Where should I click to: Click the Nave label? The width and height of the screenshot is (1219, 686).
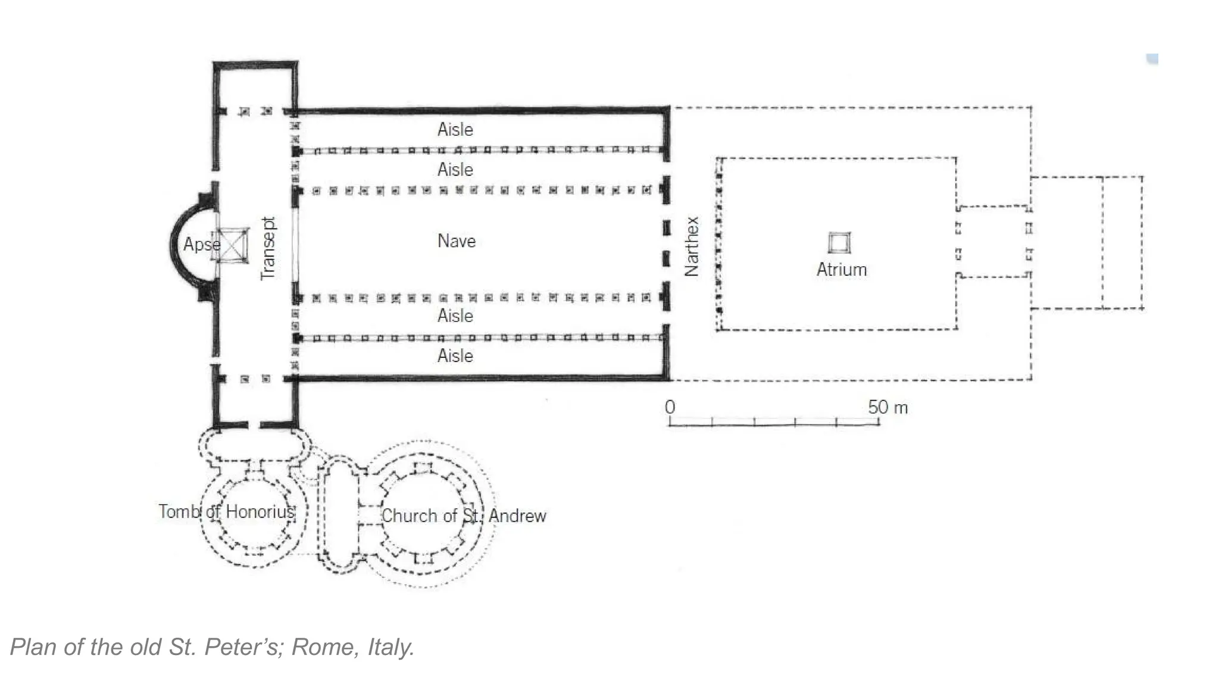(x=456, y=241)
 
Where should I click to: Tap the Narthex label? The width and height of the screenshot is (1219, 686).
(x=691, y=246)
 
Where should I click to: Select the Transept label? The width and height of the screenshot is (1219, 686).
(x=268, y=248)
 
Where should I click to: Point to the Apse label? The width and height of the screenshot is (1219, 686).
(x=201, y=244)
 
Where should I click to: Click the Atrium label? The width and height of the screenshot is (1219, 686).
(x=841, y=270)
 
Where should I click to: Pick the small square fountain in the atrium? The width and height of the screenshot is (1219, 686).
(x=839, y=243)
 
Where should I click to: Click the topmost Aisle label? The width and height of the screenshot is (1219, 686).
(x=455, y=129)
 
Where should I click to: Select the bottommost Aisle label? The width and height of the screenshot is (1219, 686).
(x=455, y=356)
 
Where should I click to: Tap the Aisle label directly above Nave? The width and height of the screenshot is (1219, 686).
(x=455, y=170)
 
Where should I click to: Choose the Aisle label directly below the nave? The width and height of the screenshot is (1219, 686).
(x=455, y=316)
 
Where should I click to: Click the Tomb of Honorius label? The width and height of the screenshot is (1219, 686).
(x=226, y=512)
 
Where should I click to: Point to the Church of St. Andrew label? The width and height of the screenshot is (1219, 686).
(x=463, y=516)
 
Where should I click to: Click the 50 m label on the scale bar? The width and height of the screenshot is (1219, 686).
(x=887, y=408)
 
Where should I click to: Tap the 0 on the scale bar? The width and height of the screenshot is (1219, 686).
(x=670, y=407)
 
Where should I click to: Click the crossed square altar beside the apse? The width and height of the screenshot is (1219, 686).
(x=232, y=245)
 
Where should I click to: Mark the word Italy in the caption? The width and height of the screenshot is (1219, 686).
(x=390, y=647)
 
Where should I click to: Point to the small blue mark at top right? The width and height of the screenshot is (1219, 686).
(x=1152, y=59)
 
